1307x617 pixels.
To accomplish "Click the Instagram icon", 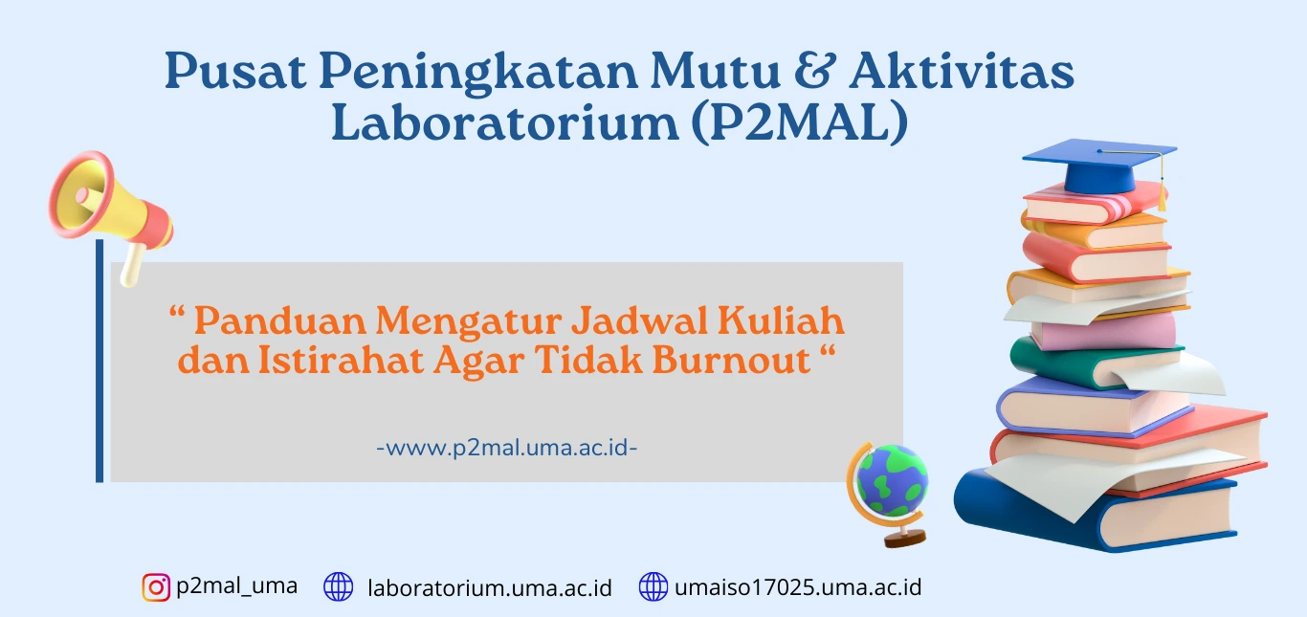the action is [x=156, y=586].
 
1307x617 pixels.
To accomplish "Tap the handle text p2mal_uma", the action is [x=237, y=586].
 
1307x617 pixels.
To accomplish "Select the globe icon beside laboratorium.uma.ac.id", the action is [x=339, y=586].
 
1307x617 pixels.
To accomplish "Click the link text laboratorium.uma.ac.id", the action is [x=490, y=588].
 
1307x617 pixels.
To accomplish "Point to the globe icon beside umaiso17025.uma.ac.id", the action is [x=653, y=586].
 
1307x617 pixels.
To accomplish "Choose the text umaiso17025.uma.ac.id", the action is [x=798, y=587].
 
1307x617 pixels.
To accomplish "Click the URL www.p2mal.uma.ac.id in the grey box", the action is [x=507, y=448].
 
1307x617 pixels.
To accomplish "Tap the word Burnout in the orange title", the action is [x=731, y=361].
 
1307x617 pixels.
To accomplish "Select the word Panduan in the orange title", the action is [x=280, y=321].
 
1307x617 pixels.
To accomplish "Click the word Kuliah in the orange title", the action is [x=781, y=320].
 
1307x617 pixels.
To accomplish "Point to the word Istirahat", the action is [x=341, y=361].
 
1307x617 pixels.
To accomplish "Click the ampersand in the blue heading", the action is [x=814, y=71].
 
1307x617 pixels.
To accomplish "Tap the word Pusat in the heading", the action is [x=235, y=71].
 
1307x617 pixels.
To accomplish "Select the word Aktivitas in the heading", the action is [x=961, y=71].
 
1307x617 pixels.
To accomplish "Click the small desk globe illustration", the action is [x=888, y=494].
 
